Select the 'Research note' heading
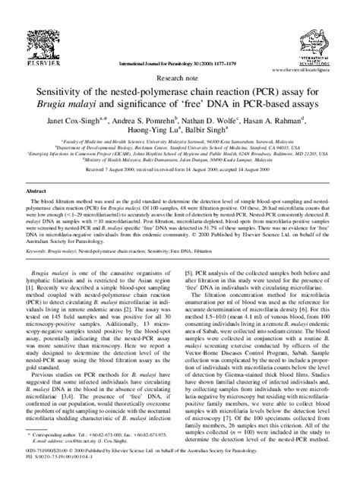point(180,56)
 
